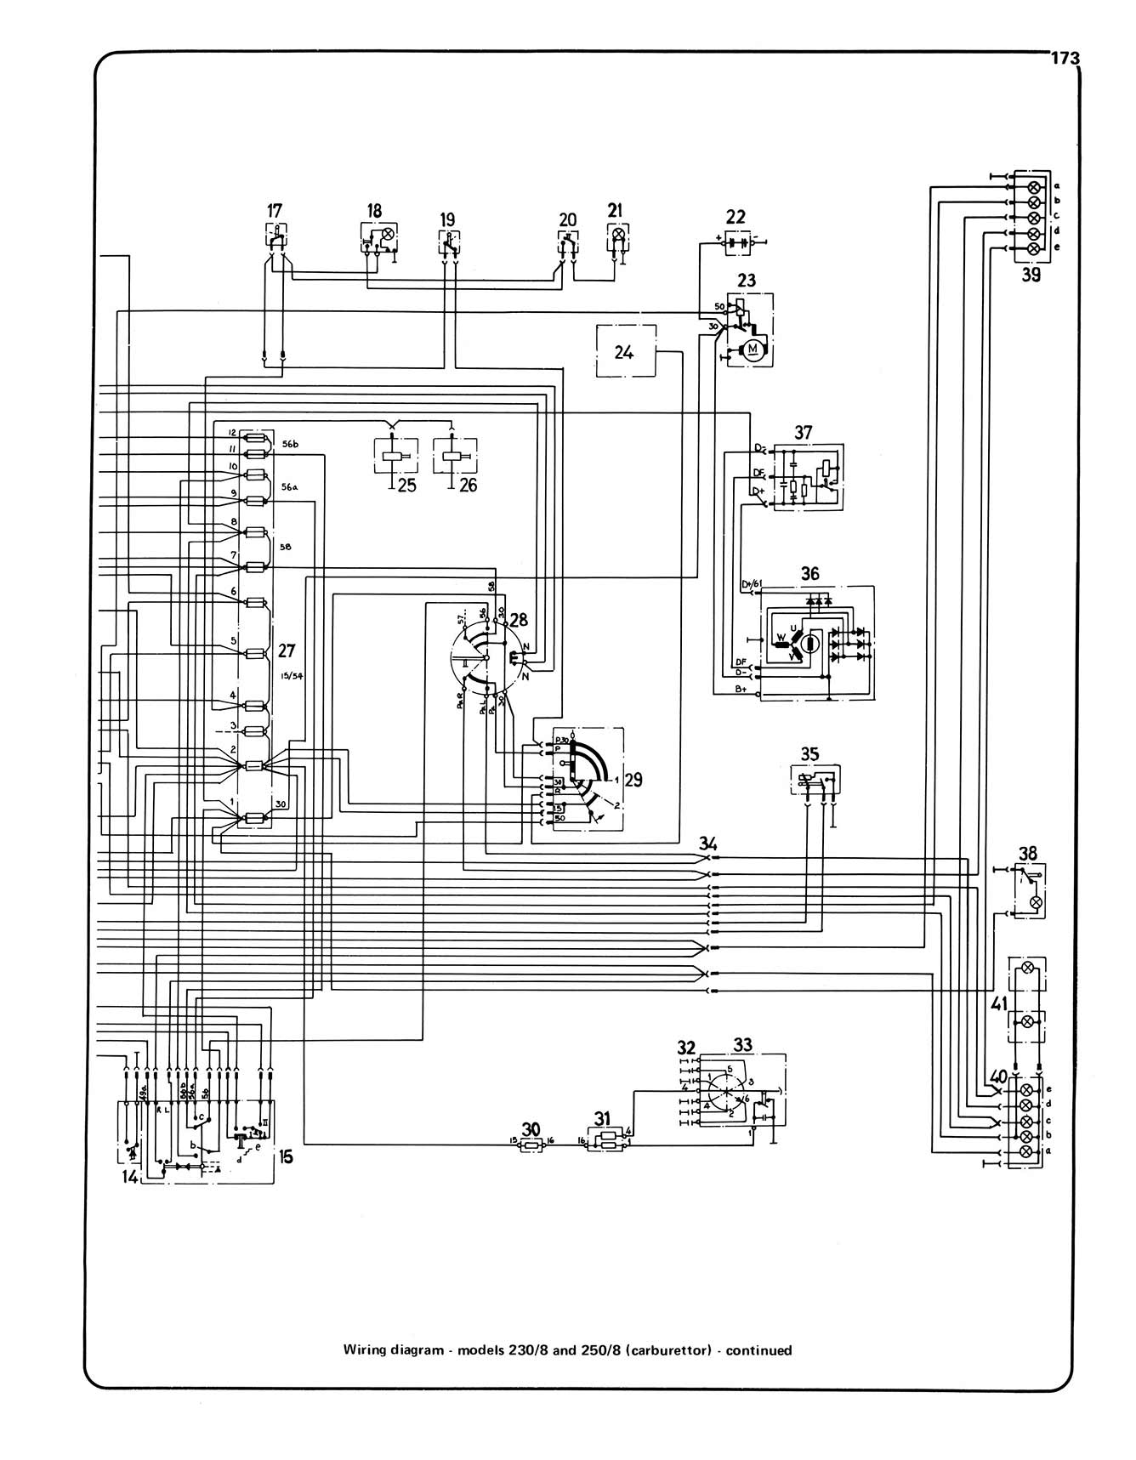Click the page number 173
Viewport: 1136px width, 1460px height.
tap(1064, 58)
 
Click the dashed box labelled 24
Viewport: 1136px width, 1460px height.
tap(625, 350)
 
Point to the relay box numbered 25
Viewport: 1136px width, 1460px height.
tap(395, 457)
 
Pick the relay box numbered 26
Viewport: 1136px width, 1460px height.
tap(455, 457)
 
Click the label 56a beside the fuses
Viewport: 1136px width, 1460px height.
tap(287, 487)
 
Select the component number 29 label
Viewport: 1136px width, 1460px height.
tap(633, 780)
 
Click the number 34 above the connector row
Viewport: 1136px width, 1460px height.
tap(708, 844)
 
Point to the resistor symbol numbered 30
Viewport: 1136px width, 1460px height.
tap(531, 1146)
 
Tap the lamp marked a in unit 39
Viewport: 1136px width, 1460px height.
tap(1034, 186)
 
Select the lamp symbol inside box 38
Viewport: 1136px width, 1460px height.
tap(1035, 902)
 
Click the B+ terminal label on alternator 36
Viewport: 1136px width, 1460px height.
tap(741, 690)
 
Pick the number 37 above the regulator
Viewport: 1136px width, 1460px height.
tap(803, 433)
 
